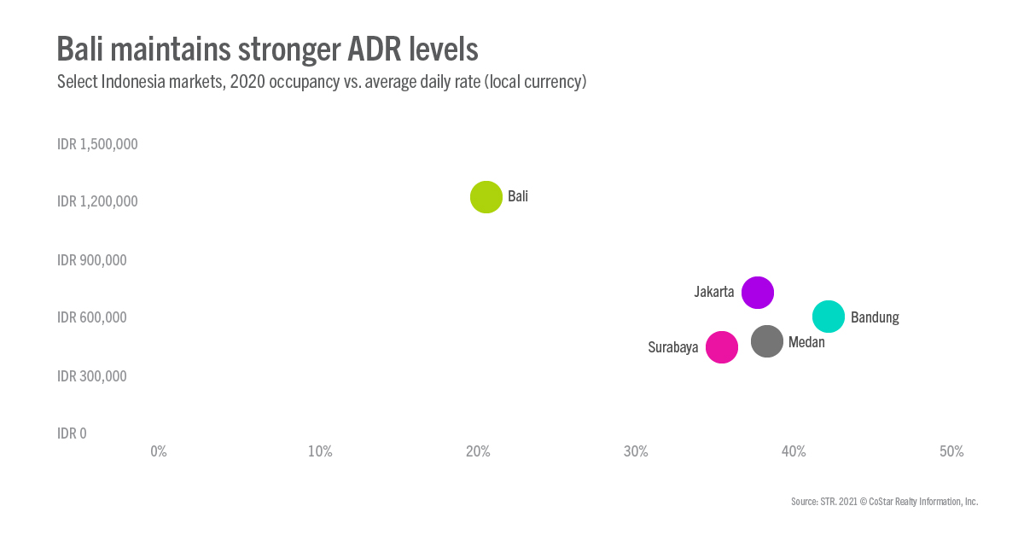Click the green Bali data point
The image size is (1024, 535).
click(486, 197)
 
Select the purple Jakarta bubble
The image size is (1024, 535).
click(758, 293)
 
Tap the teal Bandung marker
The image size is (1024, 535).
click(829, 317)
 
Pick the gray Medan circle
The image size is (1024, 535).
click(767, 342)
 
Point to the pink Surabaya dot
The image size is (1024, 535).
click(722, 347)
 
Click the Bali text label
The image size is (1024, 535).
click(518, 196)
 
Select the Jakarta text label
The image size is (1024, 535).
click(714, 292)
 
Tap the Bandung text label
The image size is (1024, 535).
click(875, 317)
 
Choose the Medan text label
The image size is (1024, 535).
click(806, 342)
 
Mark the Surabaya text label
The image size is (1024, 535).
click(673, 347)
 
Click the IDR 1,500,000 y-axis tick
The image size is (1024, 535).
click(97, 144)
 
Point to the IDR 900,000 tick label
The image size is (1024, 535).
click(92, 259)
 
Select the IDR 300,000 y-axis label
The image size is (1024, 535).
click(92, 375)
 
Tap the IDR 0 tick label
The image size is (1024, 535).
click(73, 433)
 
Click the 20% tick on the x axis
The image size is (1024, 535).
click(478, 451)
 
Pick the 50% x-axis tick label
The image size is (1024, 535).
click(951, 451)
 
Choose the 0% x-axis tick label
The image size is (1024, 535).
click(159, 451)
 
